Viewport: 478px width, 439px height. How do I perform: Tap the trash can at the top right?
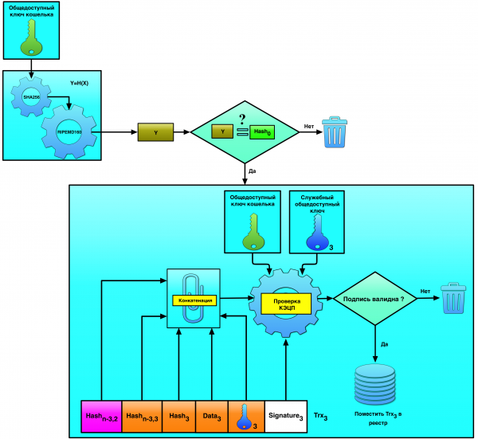point(335,132)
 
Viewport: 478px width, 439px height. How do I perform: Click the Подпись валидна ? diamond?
point(373,300)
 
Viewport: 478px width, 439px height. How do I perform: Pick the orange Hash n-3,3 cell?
point(142,417)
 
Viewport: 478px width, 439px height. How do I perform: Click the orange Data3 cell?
point(211,417)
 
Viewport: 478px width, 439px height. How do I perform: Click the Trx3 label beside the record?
point(326,417)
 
